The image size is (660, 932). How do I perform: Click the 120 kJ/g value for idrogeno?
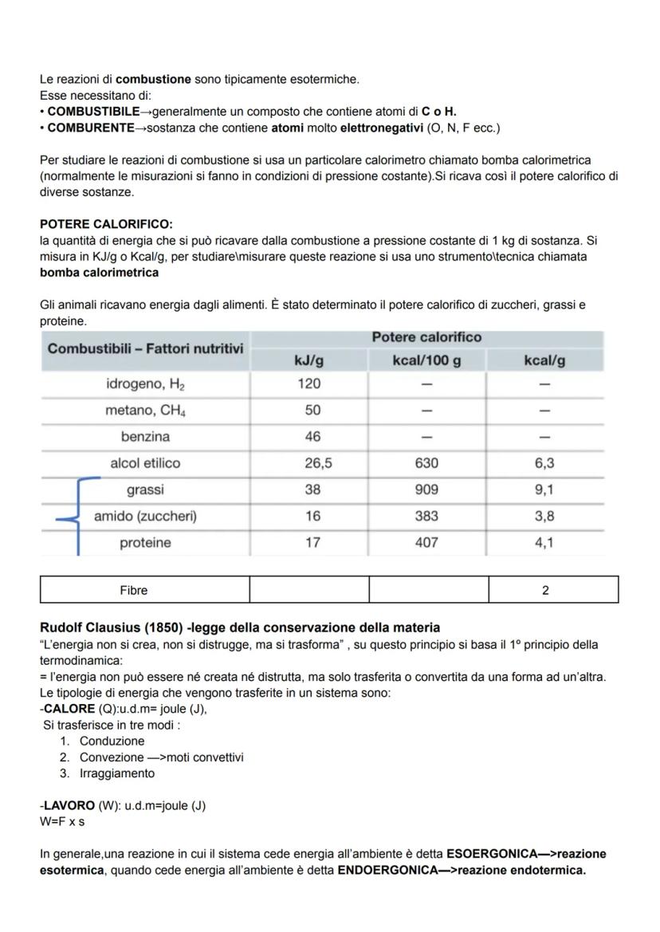coord(308,383)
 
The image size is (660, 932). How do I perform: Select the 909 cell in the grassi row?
coord(426,490)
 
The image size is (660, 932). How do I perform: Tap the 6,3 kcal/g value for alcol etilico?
coord(545,463)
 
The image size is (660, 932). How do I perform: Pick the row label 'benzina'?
coord(145,437)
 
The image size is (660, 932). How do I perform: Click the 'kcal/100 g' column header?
coord(426,360)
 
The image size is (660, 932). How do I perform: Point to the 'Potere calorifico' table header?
coord(426,337)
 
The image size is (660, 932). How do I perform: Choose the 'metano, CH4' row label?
coord(145,411)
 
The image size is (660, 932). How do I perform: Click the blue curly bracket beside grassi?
coord(77,517)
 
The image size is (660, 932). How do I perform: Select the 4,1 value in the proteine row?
coord(545,543)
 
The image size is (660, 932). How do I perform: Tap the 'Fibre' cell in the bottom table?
coord(134,591)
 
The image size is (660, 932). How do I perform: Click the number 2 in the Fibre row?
coord(545,591)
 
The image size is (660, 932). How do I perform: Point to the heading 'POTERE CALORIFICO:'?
coord(106,225)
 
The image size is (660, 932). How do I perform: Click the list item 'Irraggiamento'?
coord(117,773)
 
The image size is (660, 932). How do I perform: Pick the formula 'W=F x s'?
coord(62,821)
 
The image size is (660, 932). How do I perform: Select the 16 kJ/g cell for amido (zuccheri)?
coord(312,517)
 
